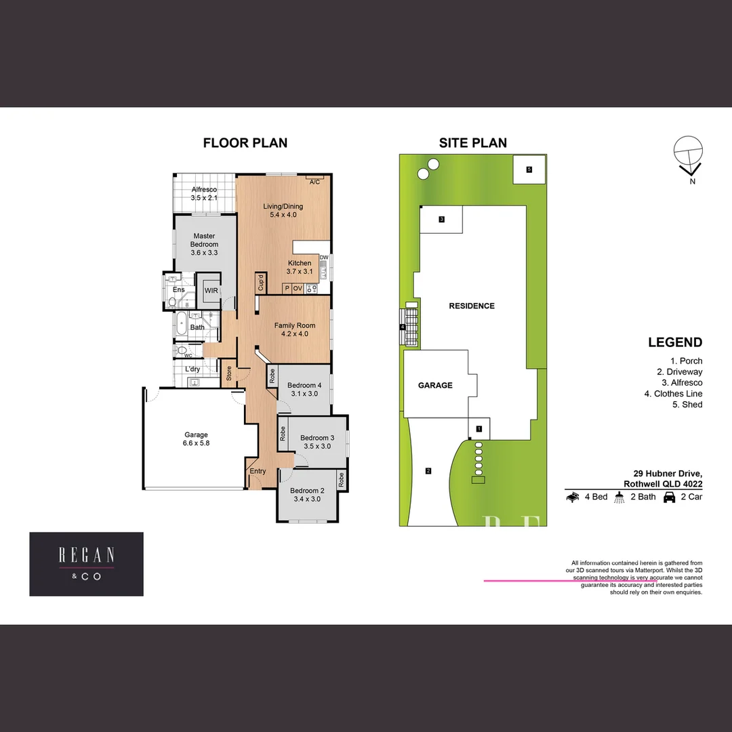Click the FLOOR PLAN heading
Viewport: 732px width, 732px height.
tap(245, 143)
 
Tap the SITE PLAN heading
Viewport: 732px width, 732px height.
tap(472, 143)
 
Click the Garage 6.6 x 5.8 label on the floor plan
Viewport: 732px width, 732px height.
tap(196, 439)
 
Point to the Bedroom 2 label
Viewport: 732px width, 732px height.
tap(308, 495)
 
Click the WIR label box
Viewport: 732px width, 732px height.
tap(211, 290)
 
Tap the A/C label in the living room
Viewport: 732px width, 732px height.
tap(314, 182)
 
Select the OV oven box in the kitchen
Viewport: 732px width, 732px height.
tap(298, 288)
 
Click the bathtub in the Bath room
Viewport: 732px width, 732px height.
tap(180, 325)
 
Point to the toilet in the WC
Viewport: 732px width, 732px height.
tap(182, 350)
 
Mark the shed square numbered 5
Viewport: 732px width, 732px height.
tap(529, 169)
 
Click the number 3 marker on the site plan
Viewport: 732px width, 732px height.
tap(441, 219)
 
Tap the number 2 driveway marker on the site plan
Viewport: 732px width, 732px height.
tap(428, 471)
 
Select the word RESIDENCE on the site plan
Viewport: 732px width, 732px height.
tap(472, 306)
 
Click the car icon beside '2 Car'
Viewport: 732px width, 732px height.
tap(669, 497)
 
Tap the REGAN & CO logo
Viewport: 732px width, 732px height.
tap(86, 564)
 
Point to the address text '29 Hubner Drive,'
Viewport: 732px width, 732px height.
tap(668, 473)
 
